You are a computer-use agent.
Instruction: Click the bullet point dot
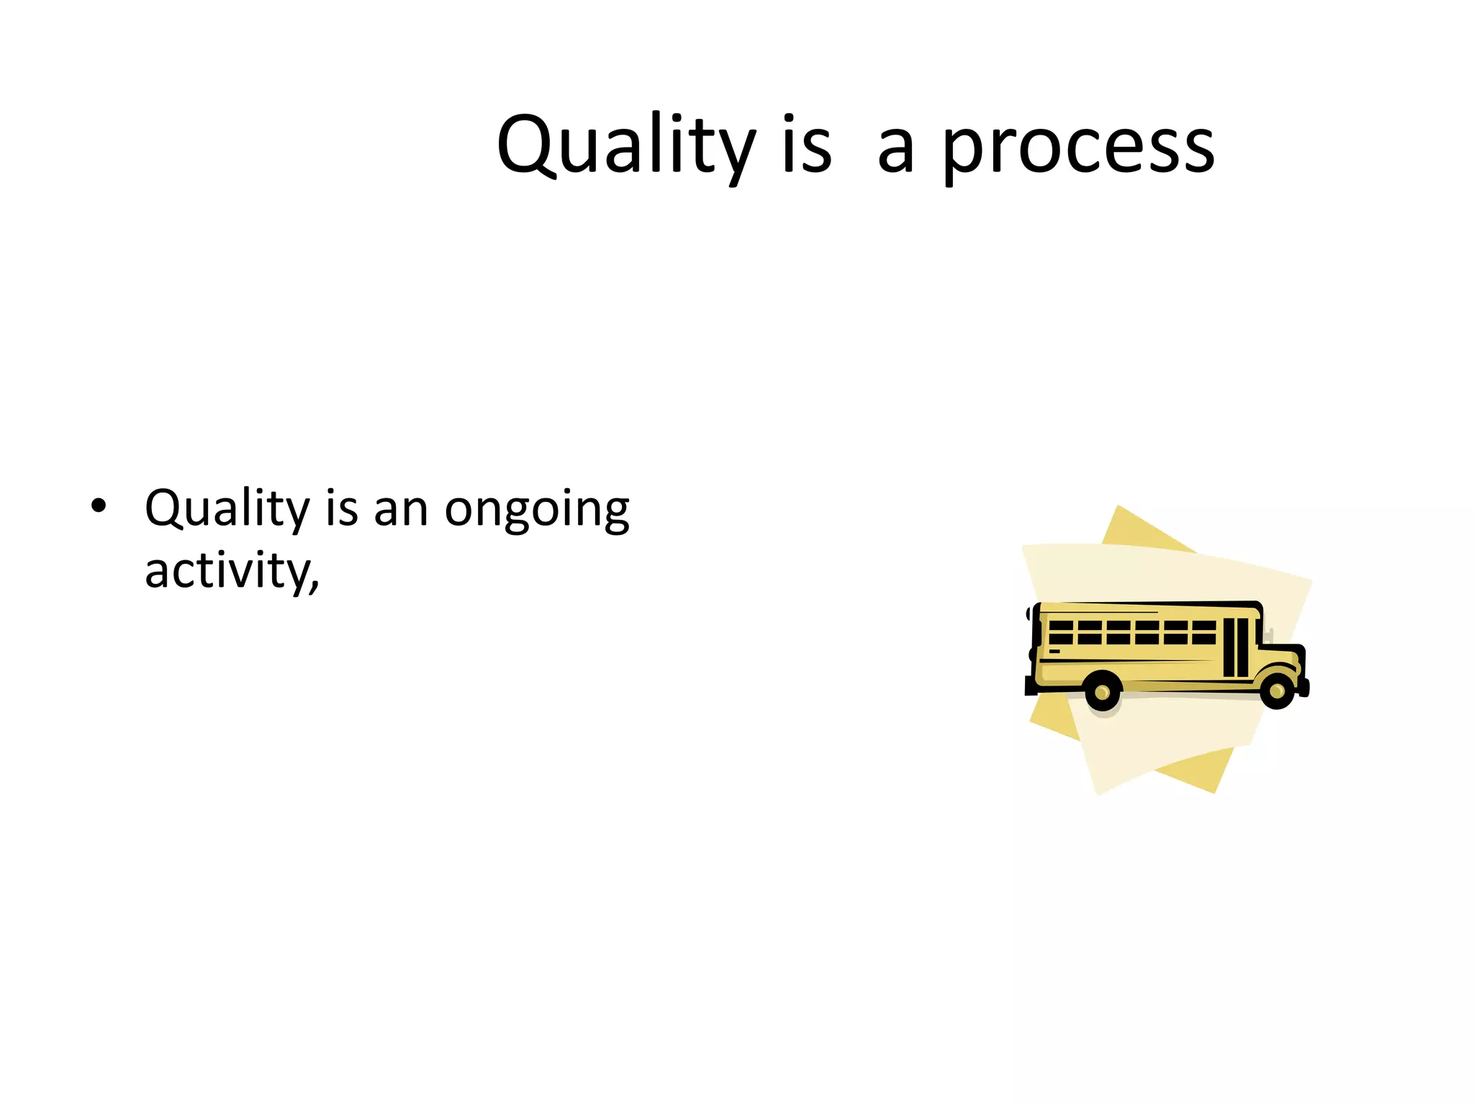99,506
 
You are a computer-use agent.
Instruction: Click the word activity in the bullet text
227,571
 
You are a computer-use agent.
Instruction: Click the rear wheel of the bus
1102,692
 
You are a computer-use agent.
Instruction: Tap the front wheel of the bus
1277,691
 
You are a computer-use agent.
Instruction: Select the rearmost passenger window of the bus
1061,632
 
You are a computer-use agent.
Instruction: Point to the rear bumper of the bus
1031,687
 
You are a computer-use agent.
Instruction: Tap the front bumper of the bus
1303,687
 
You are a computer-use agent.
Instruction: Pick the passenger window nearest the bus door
1203,632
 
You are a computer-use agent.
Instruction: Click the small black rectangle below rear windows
1054,652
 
